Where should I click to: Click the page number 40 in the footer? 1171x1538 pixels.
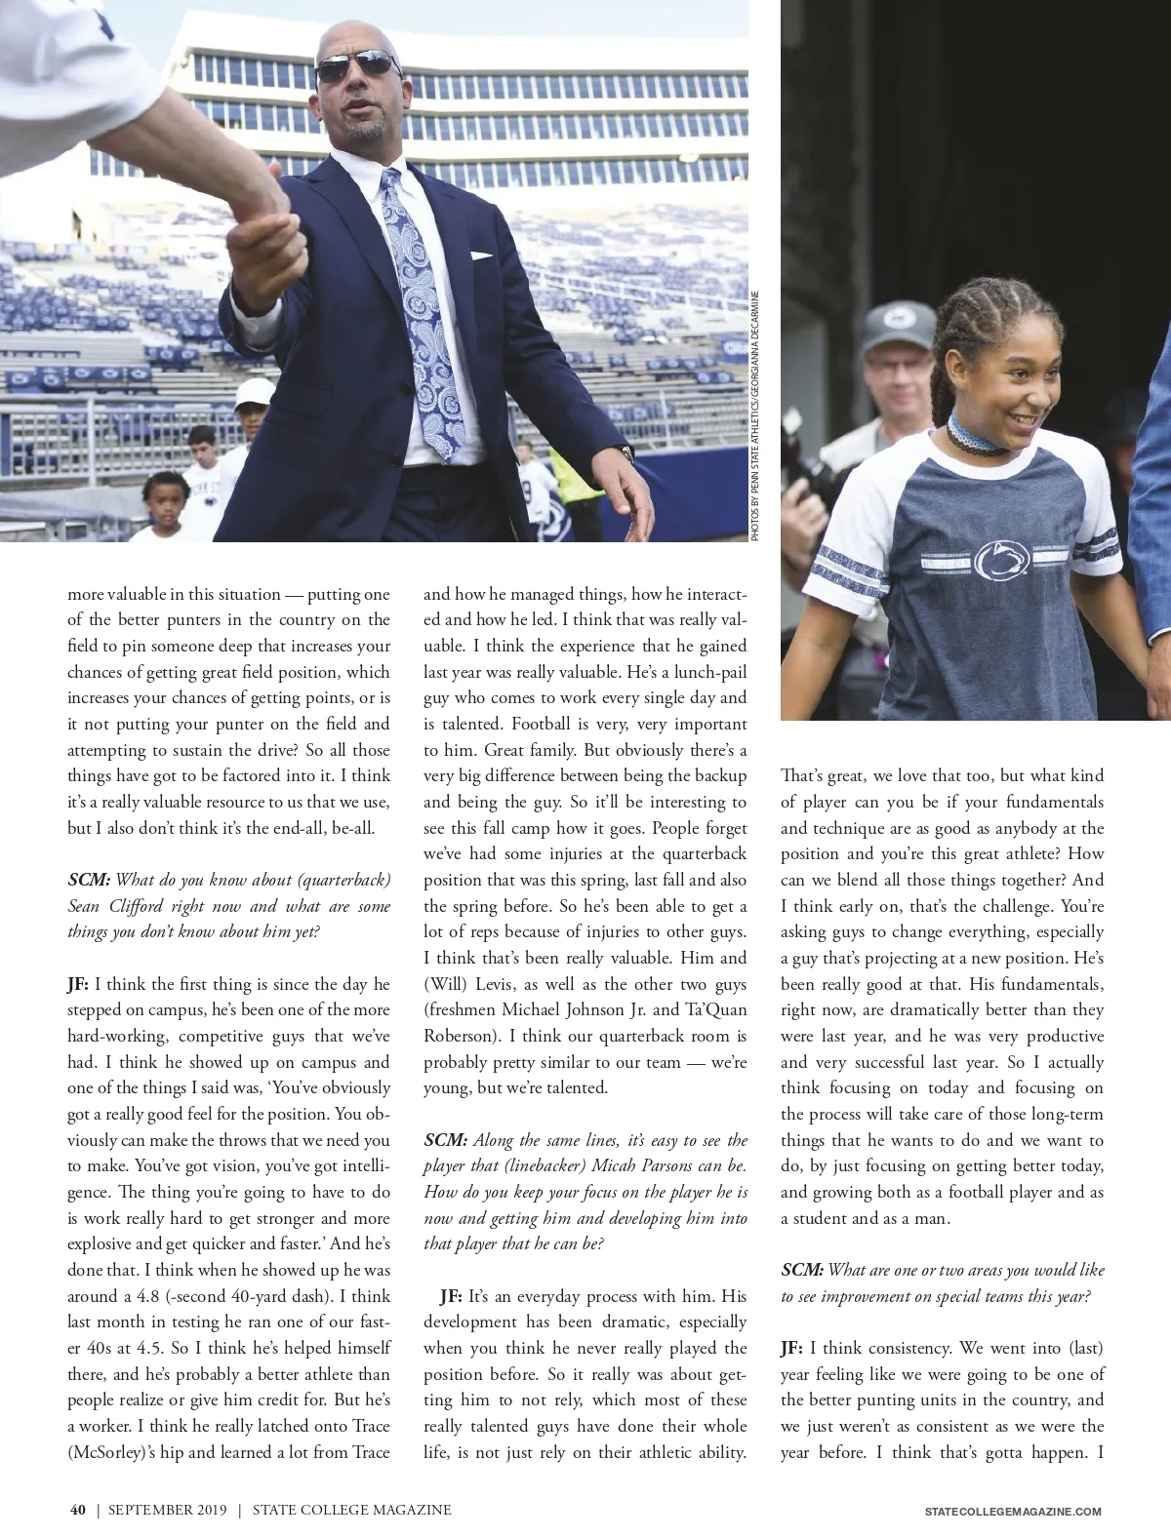coord(77,1510)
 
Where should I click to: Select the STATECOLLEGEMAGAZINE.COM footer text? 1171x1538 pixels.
coord(1012,1511)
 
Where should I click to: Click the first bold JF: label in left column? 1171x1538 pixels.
coord(78,984)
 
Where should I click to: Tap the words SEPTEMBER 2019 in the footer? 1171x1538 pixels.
coord(167,1510)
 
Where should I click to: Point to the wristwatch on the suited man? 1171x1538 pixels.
coord(625,453)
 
